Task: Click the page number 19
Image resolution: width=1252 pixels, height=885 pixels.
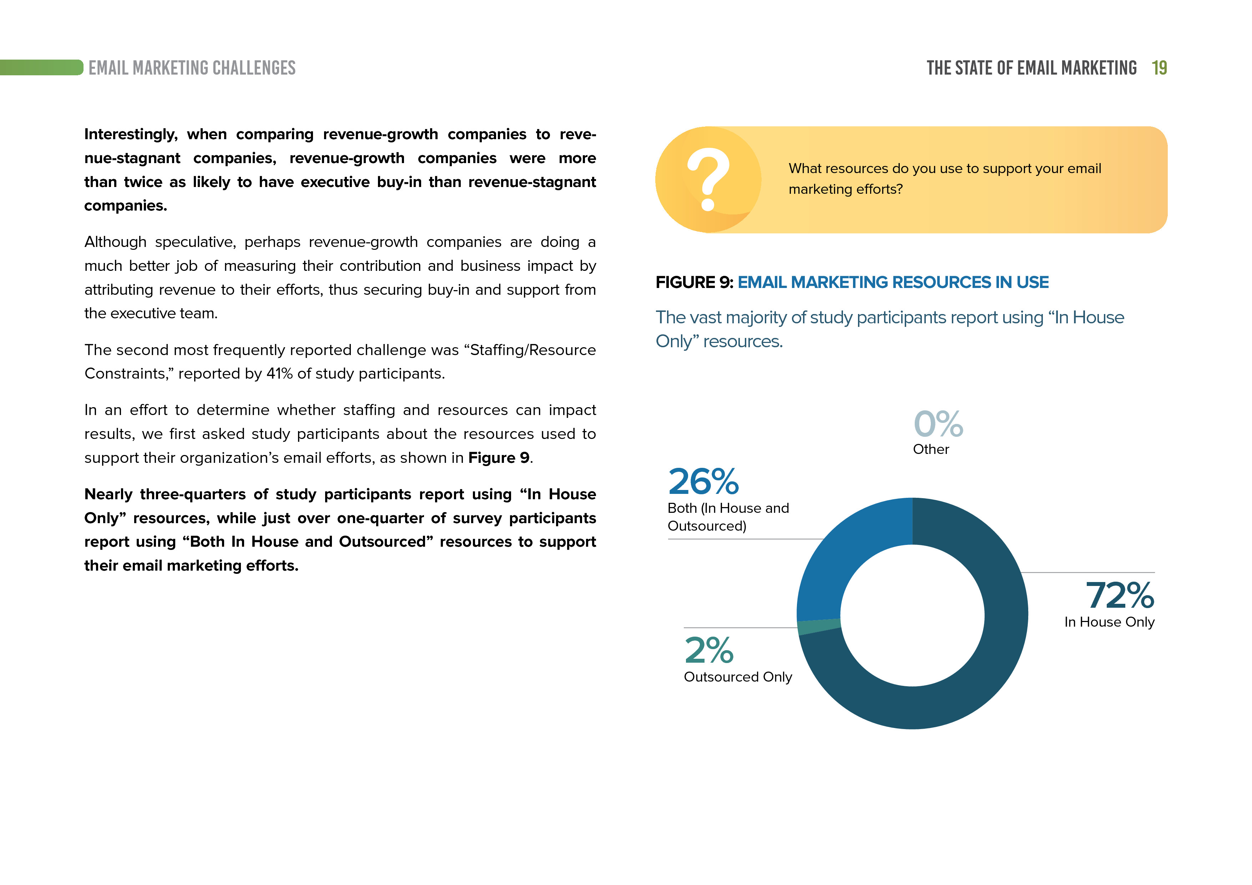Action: click(x=1159, y=68)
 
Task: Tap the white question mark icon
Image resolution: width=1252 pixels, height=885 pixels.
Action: click(x=708, y=179)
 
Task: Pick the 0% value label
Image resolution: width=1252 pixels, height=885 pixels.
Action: click(x=938, y=424)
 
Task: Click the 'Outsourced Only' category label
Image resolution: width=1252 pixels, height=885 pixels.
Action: click(x=738, y=677)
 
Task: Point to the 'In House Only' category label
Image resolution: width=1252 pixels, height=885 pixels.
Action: click(x=1109, y=622)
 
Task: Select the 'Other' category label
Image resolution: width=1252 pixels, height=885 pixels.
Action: click(x=931, y=449)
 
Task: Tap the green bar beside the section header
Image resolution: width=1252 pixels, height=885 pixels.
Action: click(x=41, y=67)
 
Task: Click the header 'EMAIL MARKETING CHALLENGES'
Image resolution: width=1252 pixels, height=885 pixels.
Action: click(x=192, y=68)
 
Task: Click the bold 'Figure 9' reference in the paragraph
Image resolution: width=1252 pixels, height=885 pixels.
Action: click(x=498, y=458)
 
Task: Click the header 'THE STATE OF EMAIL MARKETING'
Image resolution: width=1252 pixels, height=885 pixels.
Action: click(x=1031, y=68)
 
